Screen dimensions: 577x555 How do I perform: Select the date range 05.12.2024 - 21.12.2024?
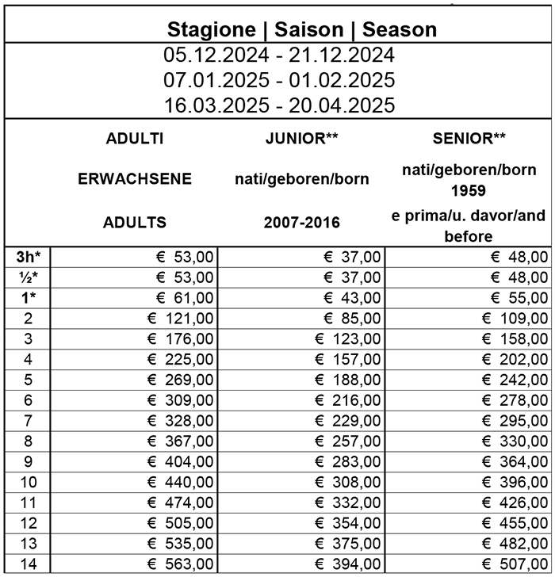(278, 56)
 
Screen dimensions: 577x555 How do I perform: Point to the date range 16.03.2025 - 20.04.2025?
(278, 105)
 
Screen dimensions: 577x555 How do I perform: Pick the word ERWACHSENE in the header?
(135, 179)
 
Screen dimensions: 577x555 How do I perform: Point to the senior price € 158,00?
(516, 338)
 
